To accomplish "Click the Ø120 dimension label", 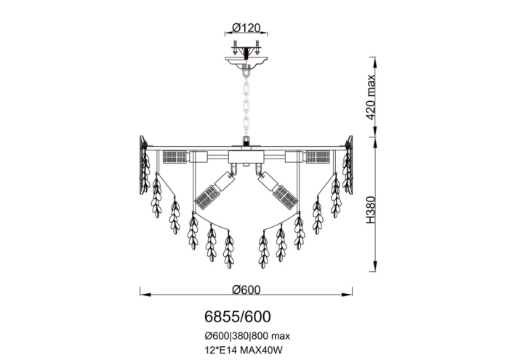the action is pos(247,28).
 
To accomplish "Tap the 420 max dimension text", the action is pos(370,97).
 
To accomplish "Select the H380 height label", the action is pos(370,209).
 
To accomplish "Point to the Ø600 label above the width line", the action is pos(247,289).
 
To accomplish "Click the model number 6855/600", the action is pos(237,316).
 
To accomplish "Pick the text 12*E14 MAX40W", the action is pos(241,351).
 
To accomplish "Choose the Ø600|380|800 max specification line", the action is pos(247,336).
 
